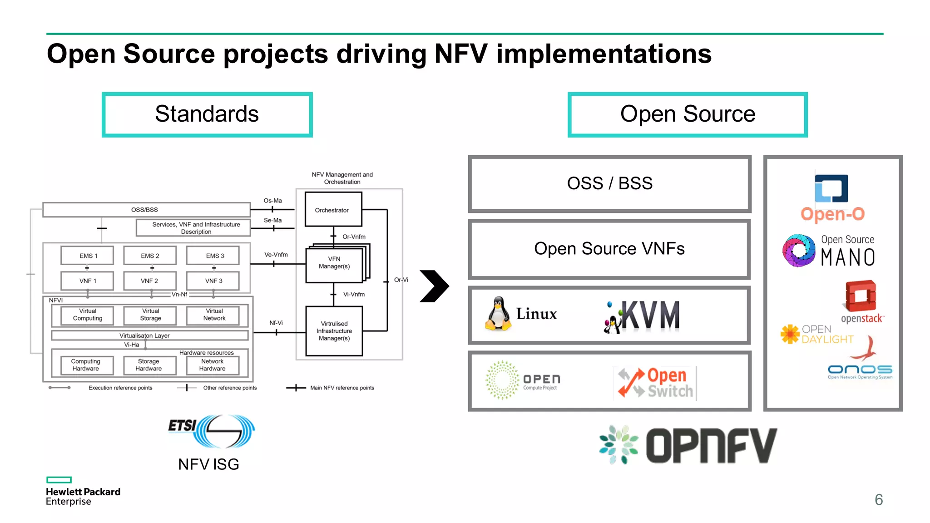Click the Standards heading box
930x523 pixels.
coord(207,114)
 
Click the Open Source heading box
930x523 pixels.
coord(687,114)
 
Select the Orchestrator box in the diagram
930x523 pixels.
coord(333,210)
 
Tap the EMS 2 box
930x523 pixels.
coord(150,256)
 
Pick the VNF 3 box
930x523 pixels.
coord(213,281)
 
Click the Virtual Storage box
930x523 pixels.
coord(150,315)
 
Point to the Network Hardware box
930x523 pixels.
coord(212,365)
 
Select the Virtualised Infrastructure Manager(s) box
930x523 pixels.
coord(334,331)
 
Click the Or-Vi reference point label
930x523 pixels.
coord(401,280)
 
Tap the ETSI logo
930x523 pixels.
coord(211,431)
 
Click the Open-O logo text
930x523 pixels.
coord(832,214)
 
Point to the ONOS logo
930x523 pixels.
coord(860,371)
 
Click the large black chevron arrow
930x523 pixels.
coord(434,286)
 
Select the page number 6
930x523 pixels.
coord(878,500)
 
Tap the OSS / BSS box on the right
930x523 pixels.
coord(609,184)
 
